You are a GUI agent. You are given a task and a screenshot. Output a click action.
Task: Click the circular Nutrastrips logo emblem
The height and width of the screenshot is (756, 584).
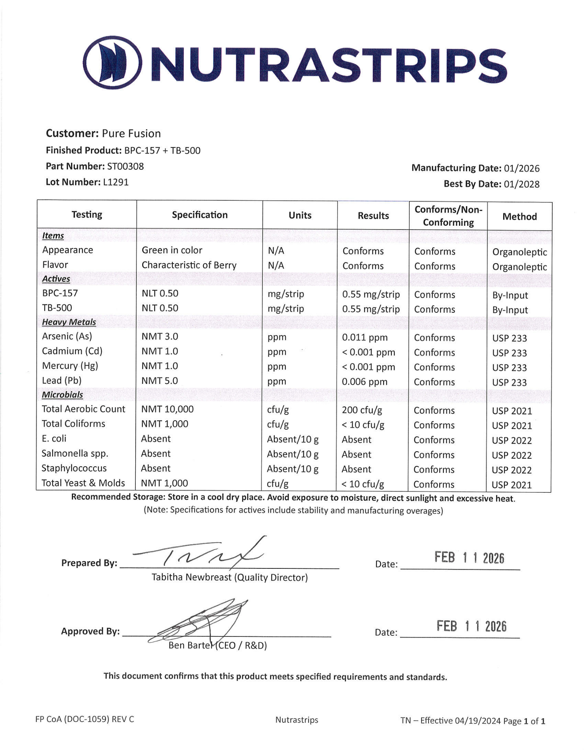click(112, 62)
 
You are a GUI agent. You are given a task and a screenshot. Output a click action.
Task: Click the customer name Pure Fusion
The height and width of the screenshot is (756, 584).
click(131, 134)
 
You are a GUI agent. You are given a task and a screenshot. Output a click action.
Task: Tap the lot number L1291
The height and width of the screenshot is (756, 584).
click(116, 182)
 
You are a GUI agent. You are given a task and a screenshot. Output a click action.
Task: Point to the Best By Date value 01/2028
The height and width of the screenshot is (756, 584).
click(521, 184)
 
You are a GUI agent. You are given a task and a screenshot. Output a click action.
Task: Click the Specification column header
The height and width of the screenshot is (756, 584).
click(200, 215)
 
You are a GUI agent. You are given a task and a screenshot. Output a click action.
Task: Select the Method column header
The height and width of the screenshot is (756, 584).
click(519, 217)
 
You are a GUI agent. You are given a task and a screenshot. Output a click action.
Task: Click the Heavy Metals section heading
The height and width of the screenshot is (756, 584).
click(69, 322)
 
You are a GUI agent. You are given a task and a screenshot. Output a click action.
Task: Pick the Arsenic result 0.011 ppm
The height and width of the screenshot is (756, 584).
click(364, 337)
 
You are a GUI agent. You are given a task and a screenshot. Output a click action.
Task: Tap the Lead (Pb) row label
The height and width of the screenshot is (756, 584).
click(62, 380)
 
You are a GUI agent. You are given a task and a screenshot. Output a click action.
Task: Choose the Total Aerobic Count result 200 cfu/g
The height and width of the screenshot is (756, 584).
click(362, 410)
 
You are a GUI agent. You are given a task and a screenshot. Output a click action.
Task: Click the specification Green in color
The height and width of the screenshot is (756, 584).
click(172, 250)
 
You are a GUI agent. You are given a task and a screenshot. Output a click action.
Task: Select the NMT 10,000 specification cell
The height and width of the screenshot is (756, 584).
click(167, 409)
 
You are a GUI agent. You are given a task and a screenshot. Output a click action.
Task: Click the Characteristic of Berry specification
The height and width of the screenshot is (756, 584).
click(189, 265)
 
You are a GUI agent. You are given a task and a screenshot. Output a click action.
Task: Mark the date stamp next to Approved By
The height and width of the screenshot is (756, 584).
click(471, 626)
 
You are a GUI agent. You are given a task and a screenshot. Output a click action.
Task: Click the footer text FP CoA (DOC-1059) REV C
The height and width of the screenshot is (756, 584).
click(85, 719)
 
